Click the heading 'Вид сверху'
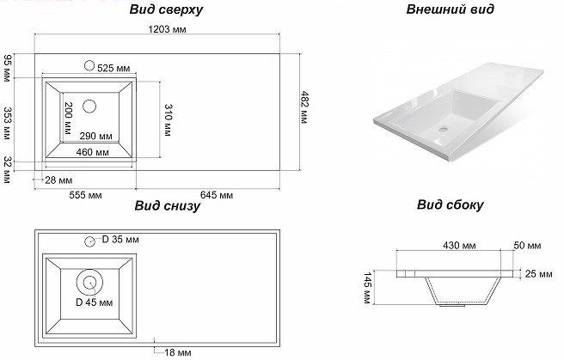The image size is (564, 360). click(167, 11)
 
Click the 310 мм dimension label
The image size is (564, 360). click(169, 120)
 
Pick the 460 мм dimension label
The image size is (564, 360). click(90, 153)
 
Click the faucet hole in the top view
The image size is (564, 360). click(89, 65)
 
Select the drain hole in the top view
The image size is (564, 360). click(89, 107)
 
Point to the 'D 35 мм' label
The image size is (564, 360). click(120, 240)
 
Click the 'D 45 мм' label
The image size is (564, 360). click(94, 303)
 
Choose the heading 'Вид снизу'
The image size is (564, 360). click(167, 207)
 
